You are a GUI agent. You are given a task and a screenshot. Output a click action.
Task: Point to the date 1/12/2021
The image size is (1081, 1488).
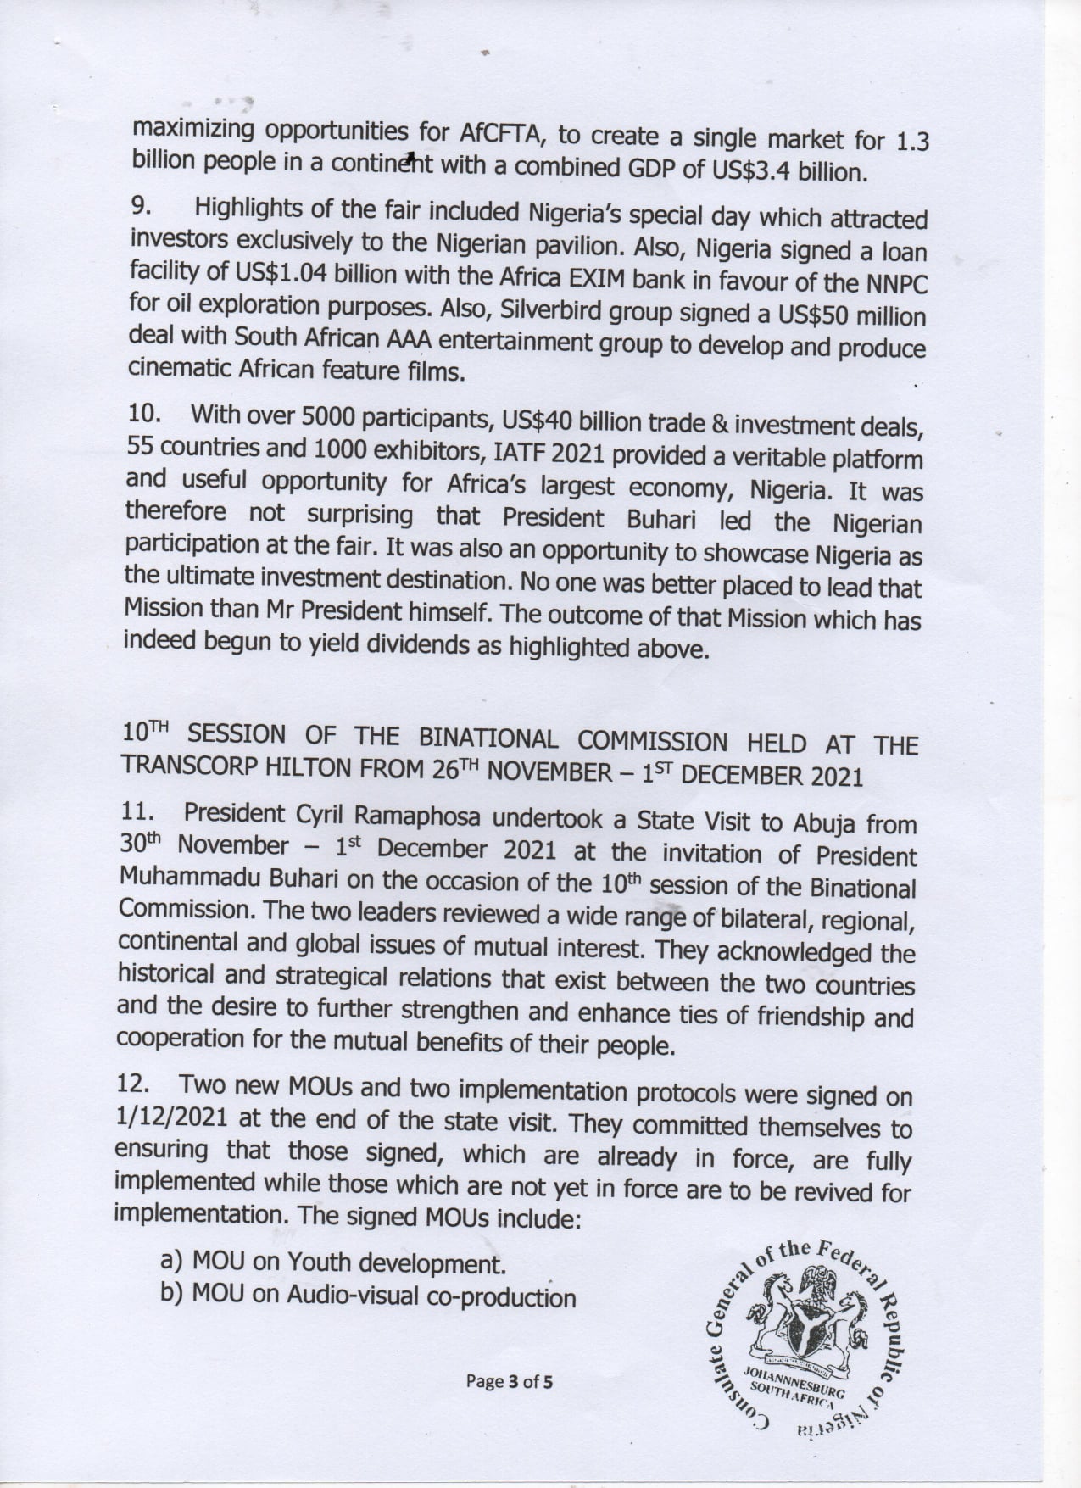(171, 1117)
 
